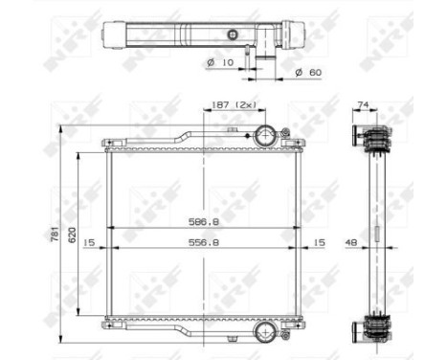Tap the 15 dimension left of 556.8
click(x=89, y=242)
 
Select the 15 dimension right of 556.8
click(x=319, y=242)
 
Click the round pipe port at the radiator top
click(x=265, y=134)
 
